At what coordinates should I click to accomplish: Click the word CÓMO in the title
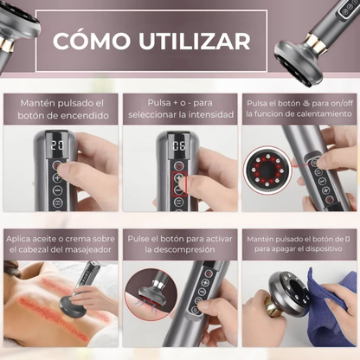pos(92,41)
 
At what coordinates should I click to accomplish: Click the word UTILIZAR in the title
pos(195,42)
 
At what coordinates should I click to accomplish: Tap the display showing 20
pos(57,145)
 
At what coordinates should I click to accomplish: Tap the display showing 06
pos(179,145)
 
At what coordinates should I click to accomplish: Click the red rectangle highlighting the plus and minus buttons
pos(179,184)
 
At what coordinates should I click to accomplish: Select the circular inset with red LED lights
pos(267,170)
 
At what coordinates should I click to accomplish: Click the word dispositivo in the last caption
pos(324,249)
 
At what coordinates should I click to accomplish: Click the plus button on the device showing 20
pos(57,177)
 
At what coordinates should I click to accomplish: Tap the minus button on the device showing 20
pos(58,190)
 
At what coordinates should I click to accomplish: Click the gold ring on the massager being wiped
pos(273,309)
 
